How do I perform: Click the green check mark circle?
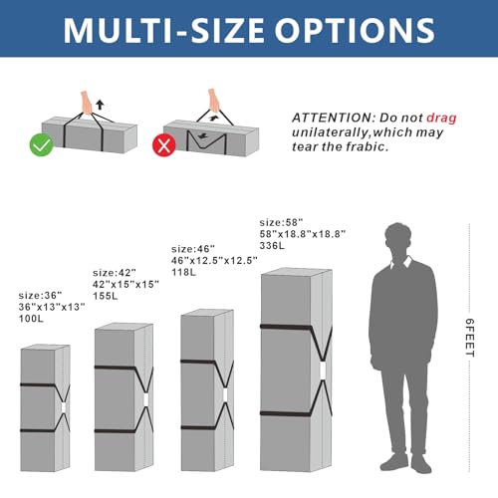(42, 144)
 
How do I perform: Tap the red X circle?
(164, 145)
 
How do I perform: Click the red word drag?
(441, 118)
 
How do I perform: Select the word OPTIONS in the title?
(355, 30)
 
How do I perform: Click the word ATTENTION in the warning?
(334, 118)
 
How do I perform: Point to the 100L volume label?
(31, 319)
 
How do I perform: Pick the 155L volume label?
(106, 296)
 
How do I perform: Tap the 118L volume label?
(183, 272)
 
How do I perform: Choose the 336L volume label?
(272, 246)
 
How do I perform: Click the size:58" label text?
(281, 222)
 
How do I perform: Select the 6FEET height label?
(469, 338)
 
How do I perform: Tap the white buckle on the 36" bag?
(64, 407)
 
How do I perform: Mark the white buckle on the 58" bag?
(323, 370)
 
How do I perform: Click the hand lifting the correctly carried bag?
(87, 103)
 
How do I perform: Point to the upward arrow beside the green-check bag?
(100, 105)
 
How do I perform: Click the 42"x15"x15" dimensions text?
(125, 284)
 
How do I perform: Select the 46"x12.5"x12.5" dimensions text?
(214, 261)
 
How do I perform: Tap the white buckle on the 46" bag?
(225, 394)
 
